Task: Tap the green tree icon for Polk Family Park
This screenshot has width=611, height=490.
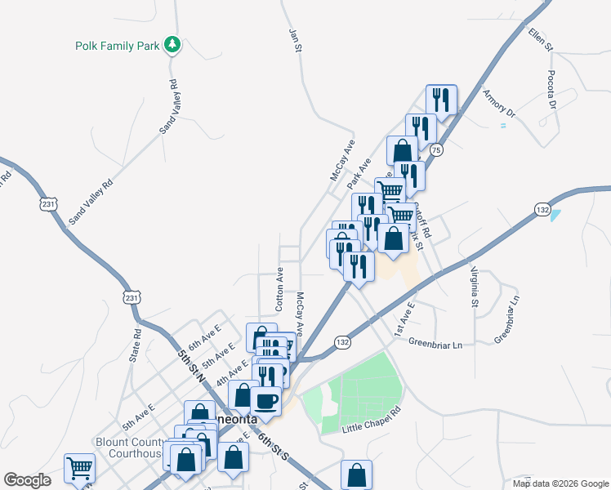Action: coord(172,44)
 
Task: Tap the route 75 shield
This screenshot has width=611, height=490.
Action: coord(437,150)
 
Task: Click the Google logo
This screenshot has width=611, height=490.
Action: coord(27,480)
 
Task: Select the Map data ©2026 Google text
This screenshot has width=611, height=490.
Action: coord(560,483)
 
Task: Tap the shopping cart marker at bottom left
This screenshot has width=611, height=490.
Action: coord(80,469)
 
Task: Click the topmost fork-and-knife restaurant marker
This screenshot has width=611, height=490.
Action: coord(441,100)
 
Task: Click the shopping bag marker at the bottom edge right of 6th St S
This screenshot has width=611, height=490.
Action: coord(356,474)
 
